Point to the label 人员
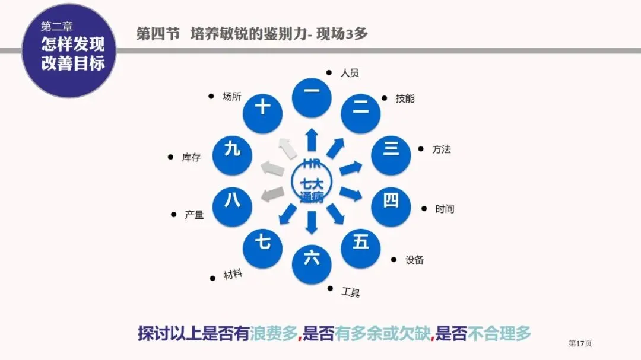350,73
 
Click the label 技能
405,98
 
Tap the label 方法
442,149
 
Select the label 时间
445,209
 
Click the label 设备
414,260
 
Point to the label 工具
350,292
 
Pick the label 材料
233,275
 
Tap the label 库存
191,158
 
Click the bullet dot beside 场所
211,95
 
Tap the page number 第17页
580,343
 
